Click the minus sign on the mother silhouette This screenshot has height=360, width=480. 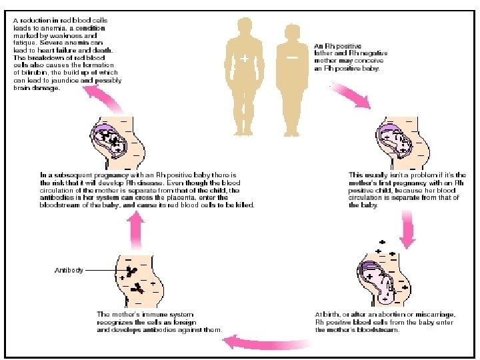point(293,59)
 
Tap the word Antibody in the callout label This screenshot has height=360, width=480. point(69,270)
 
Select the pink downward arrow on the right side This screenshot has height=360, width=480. point(407,227)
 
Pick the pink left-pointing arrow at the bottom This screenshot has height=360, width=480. point(247,342)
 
